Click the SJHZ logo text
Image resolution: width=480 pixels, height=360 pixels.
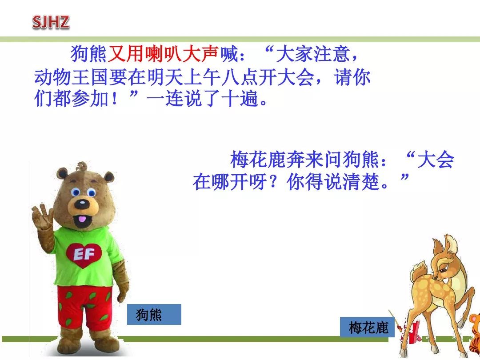51,22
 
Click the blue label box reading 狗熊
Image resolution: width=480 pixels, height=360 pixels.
154,315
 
